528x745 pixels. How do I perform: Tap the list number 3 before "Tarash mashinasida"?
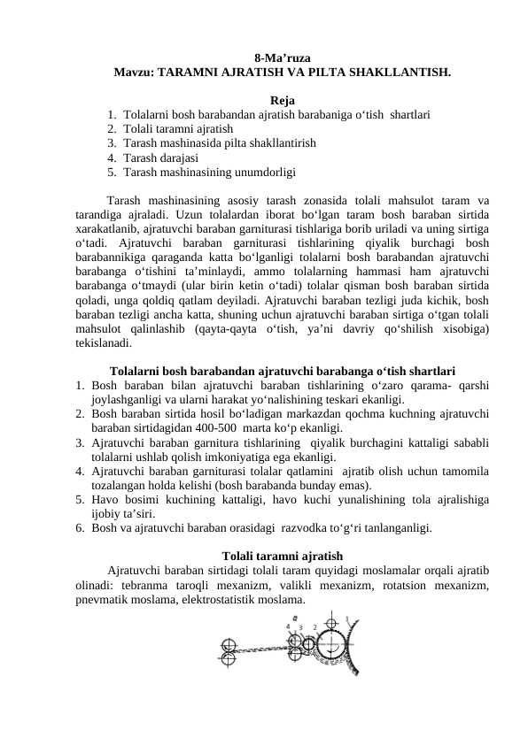click(112, 142)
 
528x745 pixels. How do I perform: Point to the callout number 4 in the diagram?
click(288, 626)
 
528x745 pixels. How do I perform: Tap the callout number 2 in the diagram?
click(315, 627)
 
